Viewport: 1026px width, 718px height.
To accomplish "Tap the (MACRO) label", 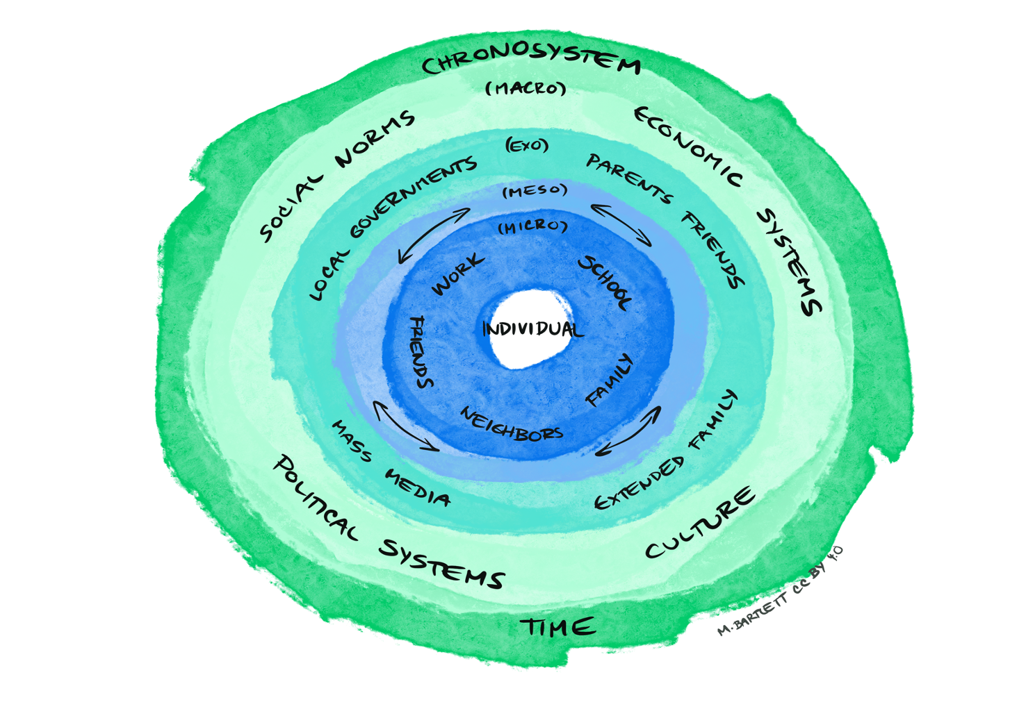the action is pos(526,88).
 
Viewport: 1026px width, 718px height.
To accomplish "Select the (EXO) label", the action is pos(527,146).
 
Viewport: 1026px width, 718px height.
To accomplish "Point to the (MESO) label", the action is pos(535,191).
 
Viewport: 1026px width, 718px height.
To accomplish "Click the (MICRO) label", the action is pos(532,227).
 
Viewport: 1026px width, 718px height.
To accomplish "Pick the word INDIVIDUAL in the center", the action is pos(532,328).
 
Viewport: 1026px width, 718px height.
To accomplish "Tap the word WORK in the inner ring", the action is pos(457,274).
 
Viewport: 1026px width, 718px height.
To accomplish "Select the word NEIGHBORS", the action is pos(511,424).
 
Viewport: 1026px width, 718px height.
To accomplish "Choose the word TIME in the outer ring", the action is pos(557,626).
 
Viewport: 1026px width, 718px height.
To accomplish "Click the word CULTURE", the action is pos(699,522).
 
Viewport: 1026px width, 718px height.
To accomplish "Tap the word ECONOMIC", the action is pos(687,147).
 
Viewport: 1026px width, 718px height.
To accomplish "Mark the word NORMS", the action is pos(375,139).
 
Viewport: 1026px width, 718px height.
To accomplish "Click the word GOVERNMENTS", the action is pos(413,197).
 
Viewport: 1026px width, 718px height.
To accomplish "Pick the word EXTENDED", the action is pos(639,483).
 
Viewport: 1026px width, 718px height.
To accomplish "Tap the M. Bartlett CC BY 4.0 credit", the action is pos(779,591).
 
